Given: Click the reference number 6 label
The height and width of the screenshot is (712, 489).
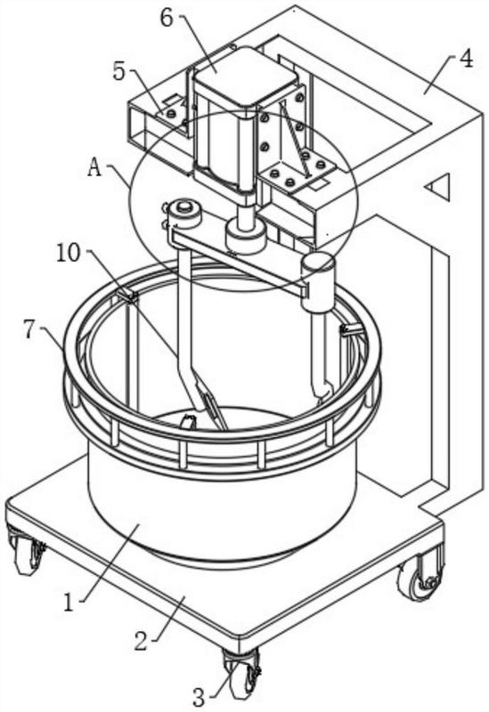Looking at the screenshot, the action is click(167, 18).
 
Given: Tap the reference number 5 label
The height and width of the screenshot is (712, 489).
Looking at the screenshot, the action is click(119, 71).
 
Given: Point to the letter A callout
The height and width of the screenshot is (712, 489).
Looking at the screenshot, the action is click(94, 167).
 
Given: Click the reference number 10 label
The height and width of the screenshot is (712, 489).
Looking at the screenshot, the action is click(69, 254).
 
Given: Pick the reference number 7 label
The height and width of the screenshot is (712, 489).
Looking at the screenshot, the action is click(29, 330).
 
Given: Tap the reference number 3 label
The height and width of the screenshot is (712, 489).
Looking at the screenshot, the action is click(199, 697).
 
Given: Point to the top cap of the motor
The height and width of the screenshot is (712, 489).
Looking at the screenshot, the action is click(246, 77).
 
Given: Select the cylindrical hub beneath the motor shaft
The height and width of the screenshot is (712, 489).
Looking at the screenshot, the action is click(246, 236).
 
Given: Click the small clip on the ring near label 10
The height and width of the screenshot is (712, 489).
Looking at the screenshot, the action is click(127, 296).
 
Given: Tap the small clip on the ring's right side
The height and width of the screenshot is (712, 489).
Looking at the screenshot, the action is click(350, 329).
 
